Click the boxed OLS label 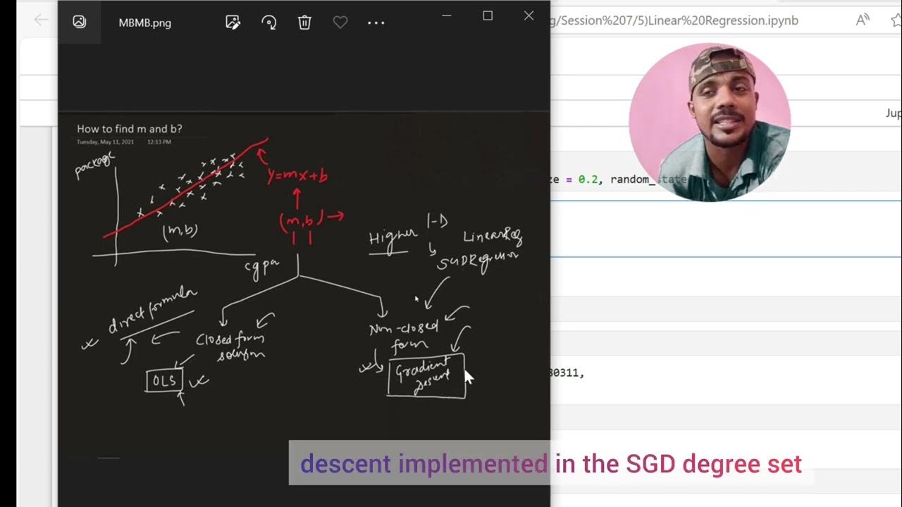click(x=164, y=381)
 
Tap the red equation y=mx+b click(x=297, y=175)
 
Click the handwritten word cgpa click(x=262, y=267)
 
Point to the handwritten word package click(x=94, y=166)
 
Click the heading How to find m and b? click(x=129, y=129)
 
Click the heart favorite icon click(x=340, y=23)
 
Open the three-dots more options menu click(x=376, y=23)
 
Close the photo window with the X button click(x=529, y=15)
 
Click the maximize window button click(x=488, y=15)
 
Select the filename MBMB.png click(x=144, y=23)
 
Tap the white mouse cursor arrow click(x=469, y=376)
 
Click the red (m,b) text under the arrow click(x=301, y=220)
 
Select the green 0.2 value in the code click(x=588, y=180)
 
